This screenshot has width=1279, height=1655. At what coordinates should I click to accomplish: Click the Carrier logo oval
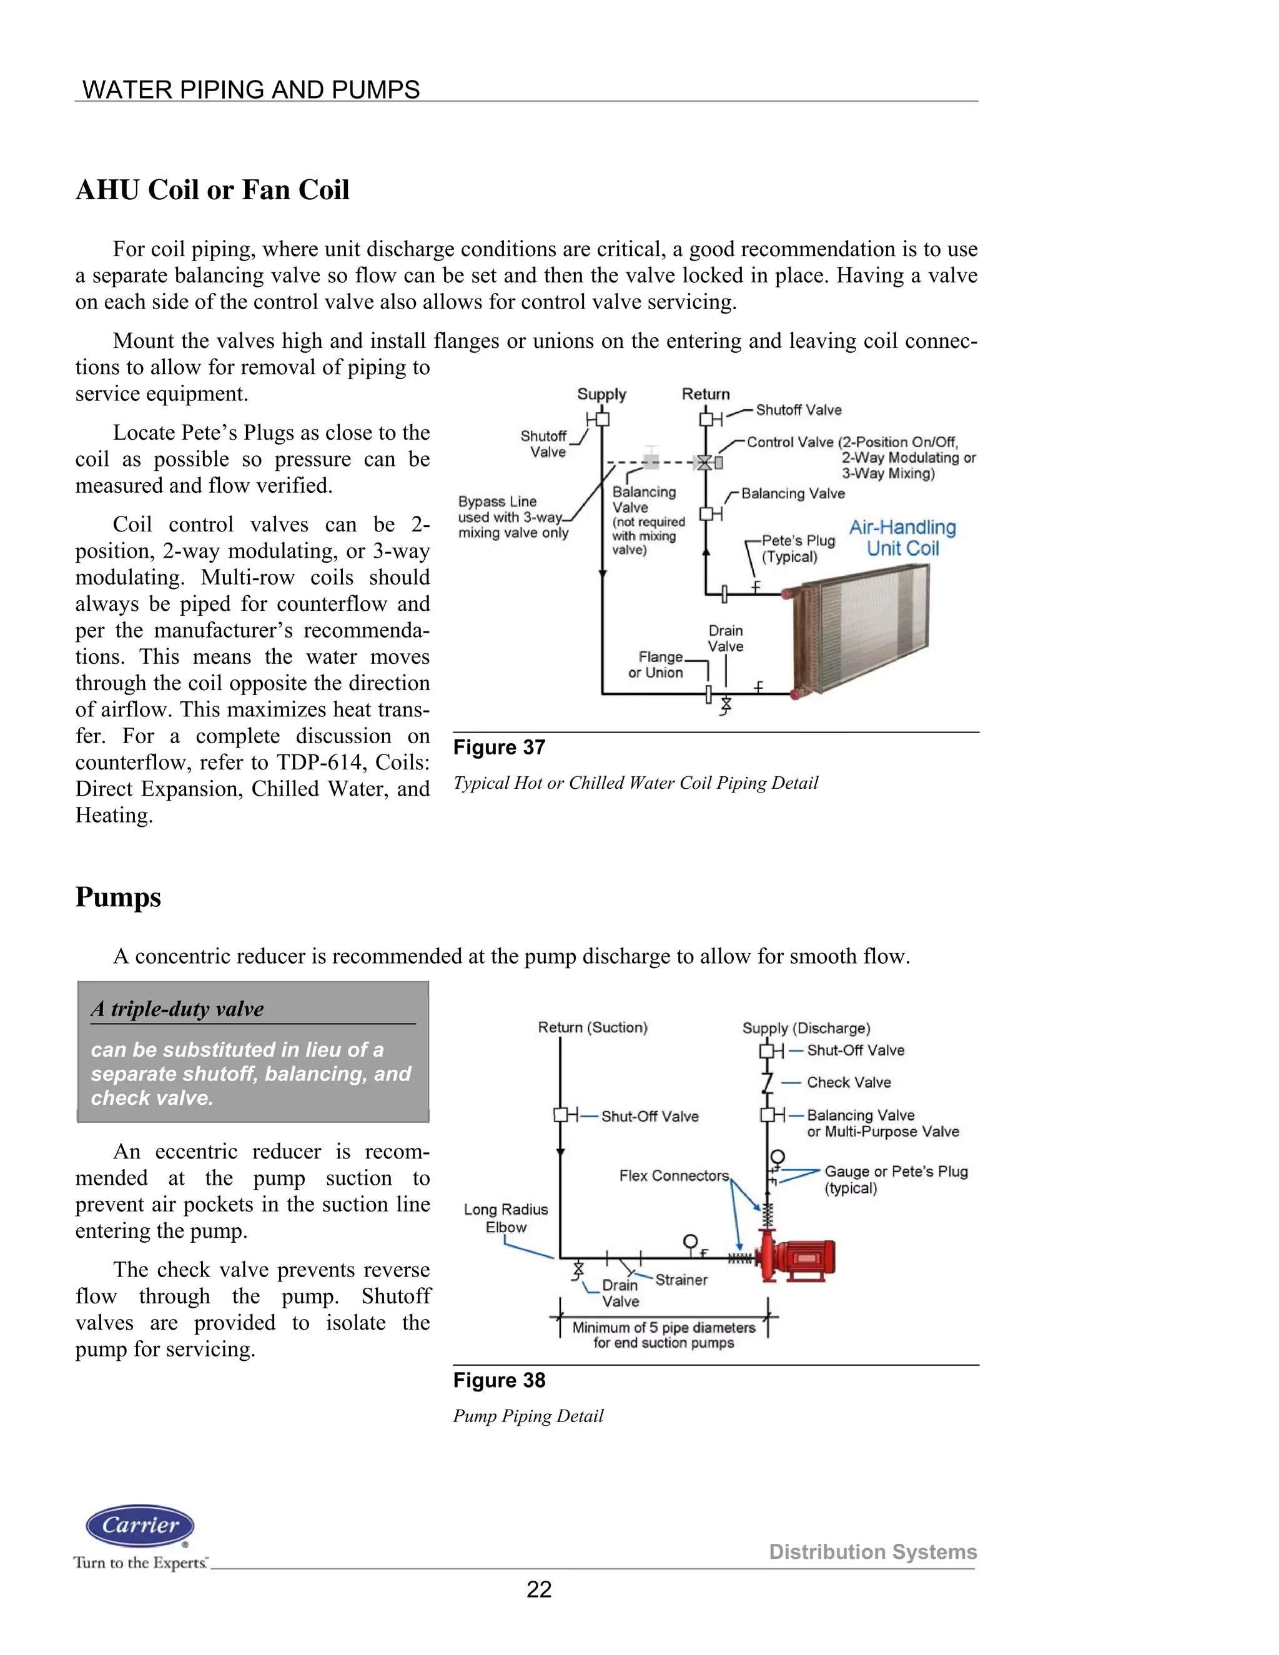pyautogui.click(x=140, y=1526)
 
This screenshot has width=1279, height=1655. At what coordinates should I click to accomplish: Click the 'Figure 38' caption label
pyautogui.click(x=498, y=1381)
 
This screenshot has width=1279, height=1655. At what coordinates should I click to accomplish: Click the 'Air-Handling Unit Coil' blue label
pyautogui.click(x=902, y=537)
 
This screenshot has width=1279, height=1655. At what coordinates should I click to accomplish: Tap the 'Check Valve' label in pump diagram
pyautogui.click(x=848, y=1082)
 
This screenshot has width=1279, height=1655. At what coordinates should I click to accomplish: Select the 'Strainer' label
pyautogui.click(x=681, y=1280)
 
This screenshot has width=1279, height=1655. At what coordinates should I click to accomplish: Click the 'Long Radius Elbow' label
pyautogui.click(x=505, y=1218)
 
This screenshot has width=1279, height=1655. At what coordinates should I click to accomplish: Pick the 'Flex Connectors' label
pyautogui.click(x=674, y=1175)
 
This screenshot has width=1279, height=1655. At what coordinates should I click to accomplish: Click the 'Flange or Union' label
pyautogui.click(x=656, y=664)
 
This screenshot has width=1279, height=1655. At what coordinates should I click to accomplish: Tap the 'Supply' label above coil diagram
pyautogui.click(x=601, y=394)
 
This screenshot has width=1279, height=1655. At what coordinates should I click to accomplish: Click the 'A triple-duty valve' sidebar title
pyautogui.click(x=177, y=1009)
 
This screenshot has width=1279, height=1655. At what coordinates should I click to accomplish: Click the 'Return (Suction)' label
pyautogui.click(x=593, y=1027)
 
